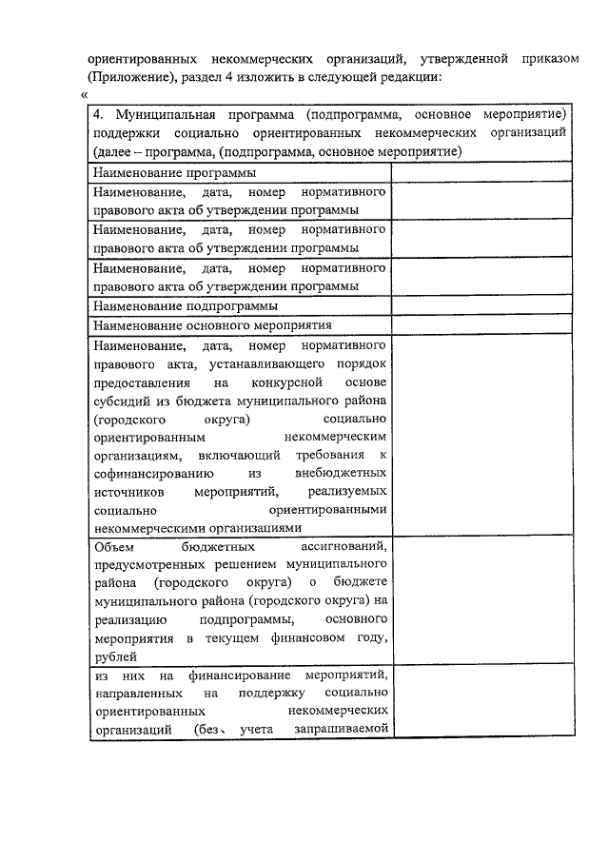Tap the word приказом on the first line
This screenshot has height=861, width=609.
[x=545, y=59]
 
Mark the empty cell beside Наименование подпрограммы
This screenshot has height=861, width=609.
[x=481, y=306]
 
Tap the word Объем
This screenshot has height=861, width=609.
[x=115, y=546]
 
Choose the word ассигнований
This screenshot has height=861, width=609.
[x=344, y=546]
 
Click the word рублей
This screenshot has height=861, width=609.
[x=116, y=656]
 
